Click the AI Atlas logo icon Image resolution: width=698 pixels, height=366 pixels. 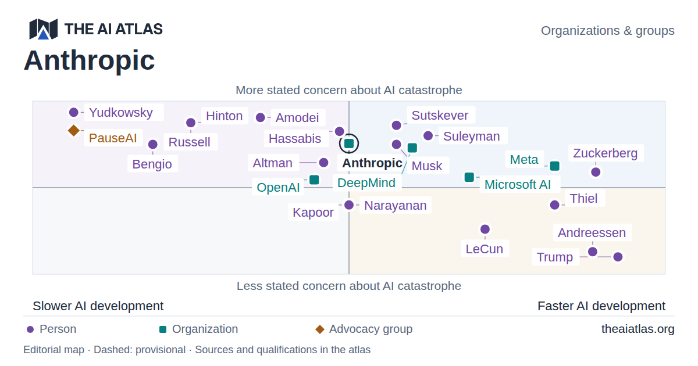[43, 29]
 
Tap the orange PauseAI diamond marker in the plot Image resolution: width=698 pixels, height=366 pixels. [74, 130]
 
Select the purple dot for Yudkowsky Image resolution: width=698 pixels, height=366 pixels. [74, 112]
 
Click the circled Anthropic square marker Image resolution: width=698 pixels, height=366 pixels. [349, 143]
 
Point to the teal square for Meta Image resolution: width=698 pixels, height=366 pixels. [555, 166]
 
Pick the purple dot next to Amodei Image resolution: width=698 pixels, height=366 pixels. [261, 117]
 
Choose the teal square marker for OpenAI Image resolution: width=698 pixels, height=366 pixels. [314, 180]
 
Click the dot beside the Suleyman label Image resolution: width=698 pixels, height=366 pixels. [428, 136]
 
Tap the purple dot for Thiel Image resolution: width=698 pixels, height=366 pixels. [555, 204]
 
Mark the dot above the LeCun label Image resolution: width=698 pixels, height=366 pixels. [485, 229]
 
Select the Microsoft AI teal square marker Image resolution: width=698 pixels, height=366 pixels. [469, 177]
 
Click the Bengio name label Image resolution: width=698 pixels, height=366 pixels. [152, 164]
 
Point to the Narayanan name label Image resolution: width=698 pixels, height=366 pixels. [396, 206]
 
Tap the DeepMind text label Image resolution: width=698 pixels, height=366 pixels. [366, 182]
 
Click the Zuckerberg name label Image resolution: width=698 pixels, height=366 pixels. [606, 153]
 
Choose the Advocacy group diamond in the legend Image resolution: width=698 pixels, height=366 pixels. [320, 329]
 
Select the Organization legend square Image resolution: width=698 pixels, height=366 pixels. [163, 329]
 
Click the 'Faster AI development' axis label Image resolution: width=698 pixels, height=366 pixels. [601, 306]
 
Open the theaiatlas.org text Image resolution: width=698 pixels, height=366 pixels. [638, 329]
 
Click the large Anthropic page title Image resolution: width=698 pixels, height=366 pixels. [90, 60]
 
